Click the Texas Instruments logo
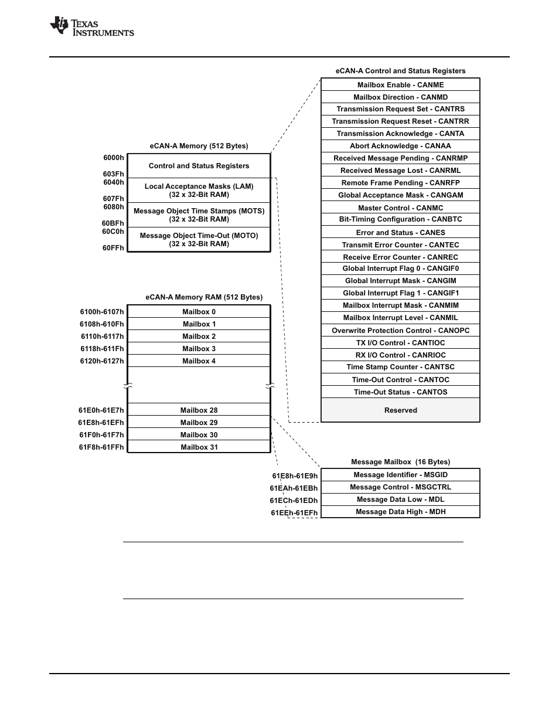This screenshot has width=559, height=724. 92,26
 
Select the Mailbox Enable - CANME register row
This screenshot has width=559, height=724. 400,85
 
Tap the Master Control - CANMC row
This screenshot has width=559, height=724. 400,208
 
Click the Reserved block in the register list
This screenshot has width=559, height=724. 400,410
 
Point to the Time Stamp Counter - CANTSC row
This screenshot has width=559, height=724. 400,367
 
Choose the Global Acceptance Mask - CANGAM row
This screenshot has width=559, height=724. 400,195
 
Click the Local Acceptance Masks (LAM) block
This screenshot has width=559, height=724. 199,191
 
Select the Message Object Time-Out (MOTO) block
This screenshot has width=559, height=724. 199,240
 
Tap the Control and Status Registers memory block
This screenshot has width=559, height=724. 199,166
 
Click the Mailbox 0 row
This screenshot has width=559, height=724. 199,312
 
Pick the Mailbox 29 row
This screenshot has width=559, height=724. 199,423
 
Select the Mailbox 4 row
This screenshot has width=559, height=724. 199,361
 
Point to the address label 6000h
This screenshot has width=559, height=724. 114,158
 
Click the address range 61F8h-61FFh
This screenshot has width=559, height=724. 101,447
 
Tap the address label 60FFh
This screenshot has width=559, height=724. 114,248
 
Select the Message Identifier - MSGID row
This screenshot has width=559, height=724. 400,475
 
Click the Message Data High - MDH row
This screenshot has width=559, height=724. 400,512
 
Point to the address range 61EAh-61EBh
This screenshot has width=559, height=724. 294,488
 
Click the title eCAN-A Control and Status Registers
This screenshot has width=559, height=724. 400,71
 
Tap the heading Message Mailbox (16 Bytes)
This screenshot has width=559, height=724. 400,462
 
